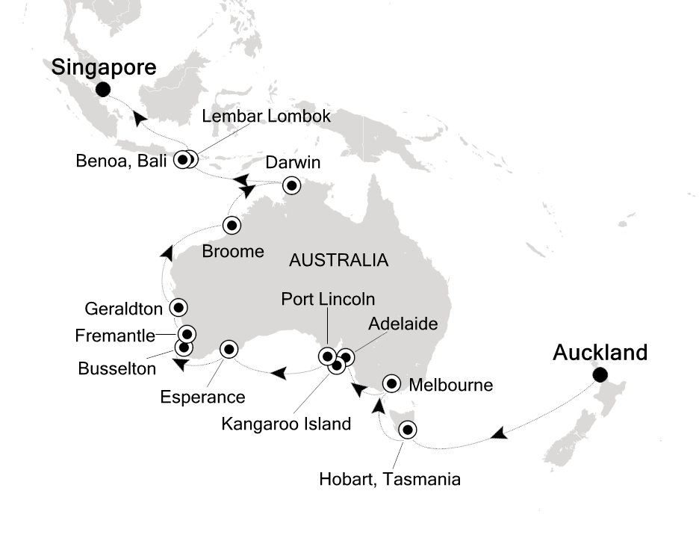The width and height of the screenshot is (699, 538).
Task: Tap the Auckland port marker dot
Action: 599,375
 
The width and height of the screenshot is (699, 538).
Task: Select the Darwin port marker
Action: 291,185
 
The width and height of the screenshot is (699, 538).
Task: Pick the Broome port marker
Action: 232,225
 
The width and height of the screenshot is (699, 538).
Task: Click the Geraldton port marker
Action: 178,306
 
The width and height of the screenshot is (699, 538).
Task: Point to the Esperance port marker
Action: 229,348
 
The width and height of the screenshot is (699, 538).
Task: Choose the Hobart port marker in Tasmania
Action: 407,430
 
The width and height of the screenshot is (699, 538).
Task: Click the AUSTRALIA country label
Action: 338,261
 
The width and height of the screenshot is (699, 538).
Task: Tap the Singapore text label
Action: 104,67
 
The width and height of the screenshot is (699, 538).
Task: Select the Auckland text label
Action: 600,352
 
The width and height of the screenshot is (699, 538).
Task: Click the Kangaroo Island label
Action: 286,424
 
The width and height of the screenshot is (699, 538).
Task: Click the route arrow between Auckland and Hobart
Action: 499,433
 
